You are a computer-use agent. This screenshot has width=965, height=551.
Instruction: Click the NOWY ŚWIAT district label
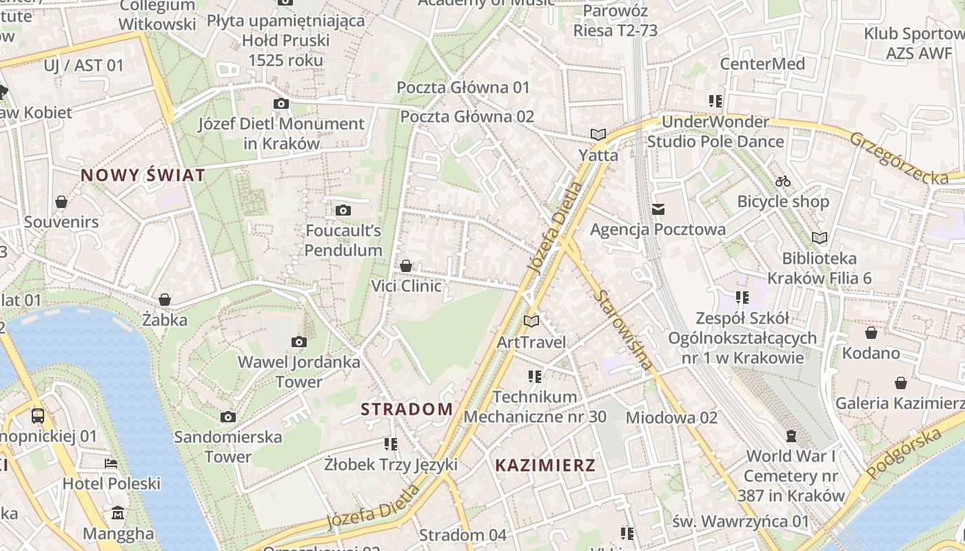tap(143, 175)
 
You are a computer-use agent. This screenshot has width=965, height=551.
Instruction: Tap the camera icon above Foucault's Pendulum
tap(343, 210)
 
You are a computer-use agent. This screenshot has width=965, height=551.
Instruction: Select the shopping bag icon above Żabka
tap(165, 300)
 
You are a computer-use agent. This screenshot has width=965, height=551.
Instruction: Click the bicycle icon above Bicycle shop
tap(783, 181)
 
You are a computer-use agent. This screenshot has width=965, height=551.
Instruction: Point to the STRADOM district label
tap(407, 409)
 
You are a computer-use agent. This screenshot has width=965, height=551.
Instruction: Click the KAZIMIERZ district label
tap(545, 465)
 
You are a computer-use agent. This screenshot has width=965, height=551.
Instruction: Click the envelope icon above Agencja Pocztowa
tap(658, 209)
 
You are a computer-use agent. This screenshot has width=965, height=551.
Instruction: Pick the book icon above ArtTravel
tap(531, 321)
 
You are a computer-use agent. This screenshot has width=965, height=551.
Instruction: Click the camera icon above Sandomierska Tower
tap(228, 417)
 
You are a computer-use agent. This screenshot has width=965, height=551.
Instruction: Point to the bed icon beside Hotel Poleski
tap(111, 464)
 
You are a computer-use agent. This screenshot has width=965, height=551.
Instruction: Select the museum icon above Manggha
tap(118, 513)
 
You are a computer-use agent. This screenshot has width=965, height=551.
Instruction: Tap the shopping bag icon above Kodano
tap(871, 333)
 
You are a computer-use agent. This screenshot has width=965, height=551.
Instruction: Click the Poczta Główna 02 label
tap(467, 116)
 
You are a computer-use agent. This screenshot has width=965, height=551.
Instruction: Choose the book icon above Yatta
tap(598, 134)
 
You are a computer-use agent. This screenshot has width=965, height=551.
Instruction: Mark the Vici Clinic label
tap(406, 286)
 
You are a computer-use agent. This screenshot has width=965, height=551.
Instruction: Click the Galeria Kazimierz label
tap(900, 403)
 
